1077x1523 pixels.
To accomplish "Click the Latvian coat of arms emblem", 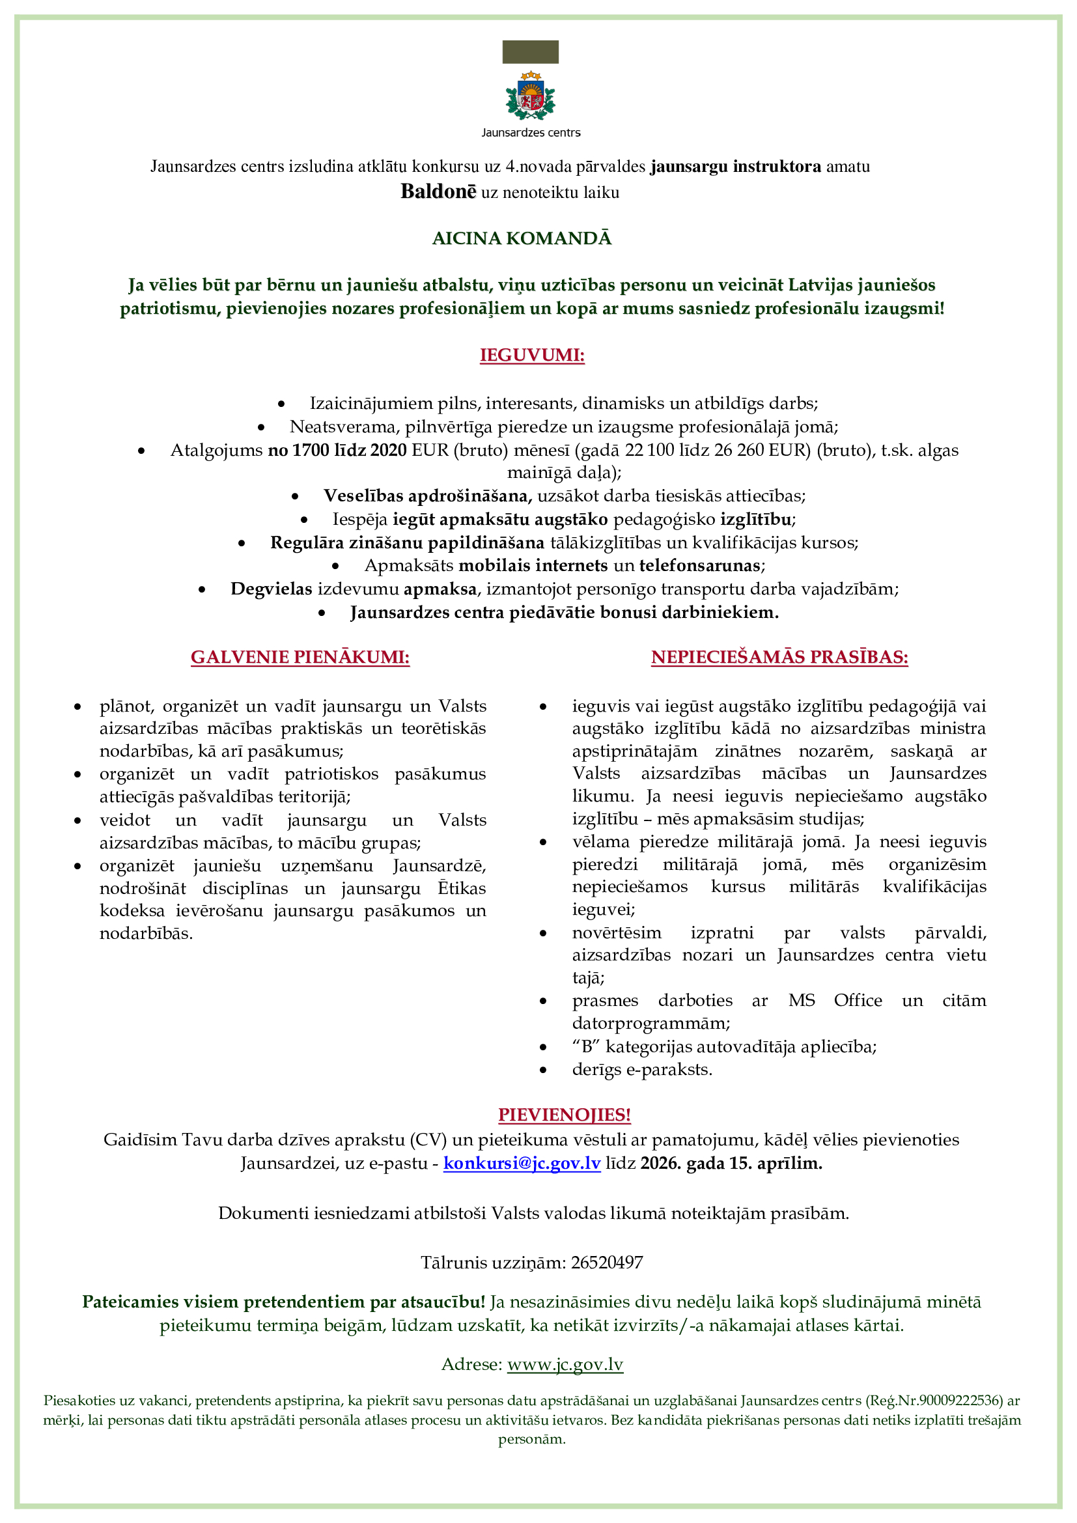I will click(531, 96).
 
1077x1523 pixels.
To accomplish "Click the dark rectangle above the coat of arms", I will click(531, 51).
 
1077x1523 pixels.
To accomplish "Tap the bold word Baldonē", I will click(438, 191).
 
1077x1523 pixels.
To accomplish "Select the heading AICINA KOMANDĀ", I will click(522, 238).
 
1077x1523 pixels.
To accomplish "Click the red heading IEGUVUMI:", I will click(532, 355).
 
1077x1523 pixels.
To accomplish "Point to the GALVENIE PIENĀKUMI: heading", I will click(300, 657).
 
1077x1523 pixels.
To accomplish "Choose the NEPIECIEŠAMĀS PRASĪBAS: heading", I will click(779, 657).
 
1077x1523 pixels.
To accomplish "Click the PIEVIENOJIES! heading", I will click(565, 1114).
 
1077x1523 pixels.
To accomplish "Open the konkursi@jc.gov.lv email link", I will click(522, 1163).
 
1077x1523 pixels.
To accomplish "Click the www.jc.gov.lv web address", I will click(565, 1364).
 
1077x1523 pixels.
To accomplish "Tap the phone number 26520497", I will click(607, 1263).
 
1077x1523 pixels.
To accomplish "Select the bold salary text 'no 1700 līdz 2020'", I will click(337, 450).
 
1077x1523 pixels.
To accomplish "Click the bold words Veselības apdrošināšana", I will click(427, 496).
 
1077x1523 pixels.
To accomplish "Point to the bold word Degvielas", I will click(271, 589).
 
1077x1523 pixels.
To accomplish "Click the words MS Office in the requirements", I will click(835, 1000).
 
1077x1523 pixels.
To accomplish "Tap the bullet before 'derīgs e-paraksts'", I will click(543, 1070).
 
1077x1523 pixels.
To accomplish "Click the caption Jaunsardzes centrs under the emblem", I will click(531, 133).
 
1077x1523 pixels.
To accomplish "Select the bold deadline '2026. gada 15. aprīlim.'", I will click(731, 1163).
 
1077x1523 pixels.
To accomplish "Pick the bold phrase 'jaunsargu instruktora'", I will click(735, 166).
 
